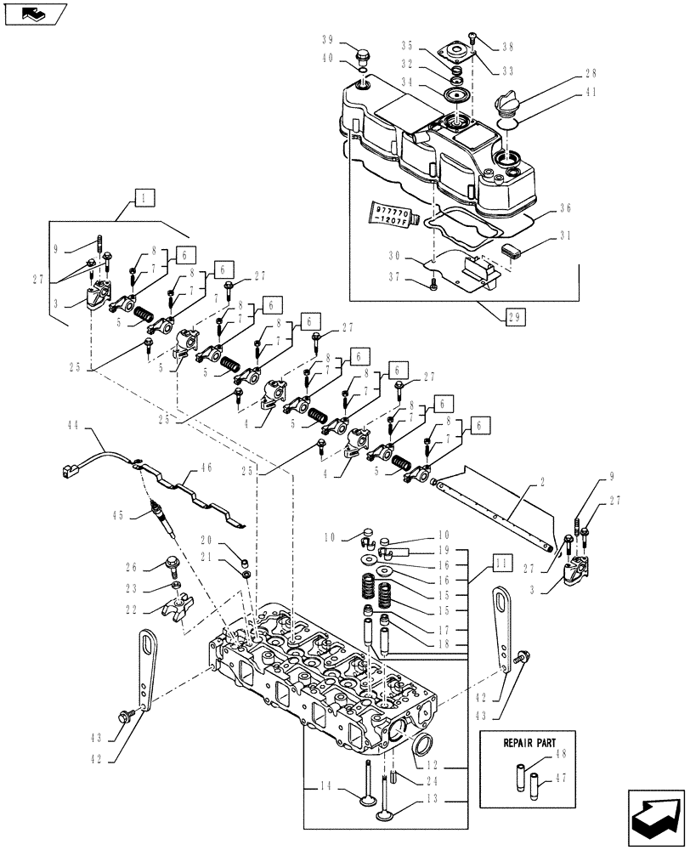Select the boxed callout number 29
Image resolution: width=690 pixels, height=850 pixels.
515,317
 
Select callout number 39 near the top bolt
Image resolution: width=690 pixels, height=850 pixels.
328,41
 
